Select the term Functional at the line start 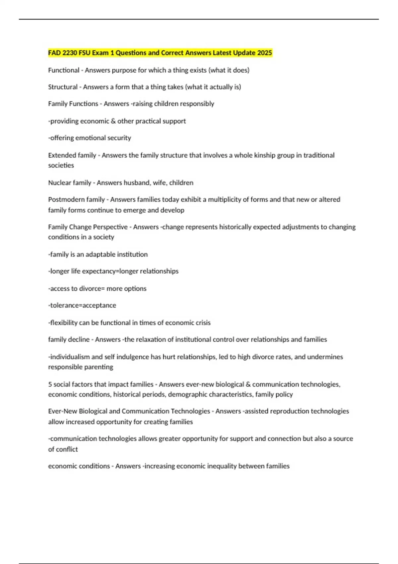(x=64, y=70)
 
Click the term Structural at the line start (x=63, y=87)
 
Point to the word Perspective (x=110, y=227)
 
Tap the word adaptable (x=100, y=254)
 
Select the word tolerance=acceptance (x=82, y=305)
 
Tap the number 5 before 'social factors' (x=50, y=384)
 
